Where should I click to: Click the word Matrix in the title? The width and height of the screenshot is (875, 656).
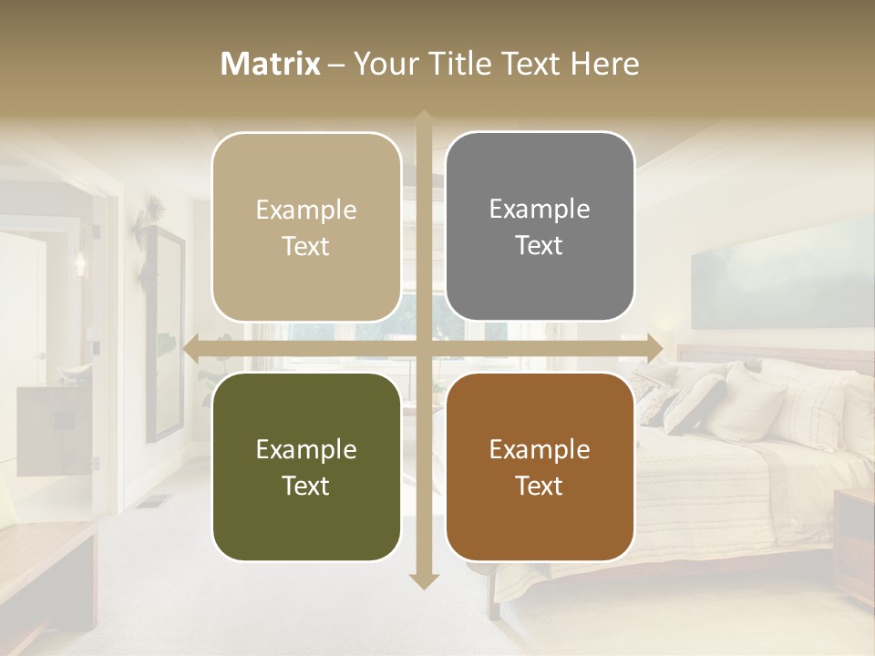pos(271,64)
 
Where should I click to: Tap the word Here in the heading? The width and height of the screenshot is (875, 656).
pos(604,64)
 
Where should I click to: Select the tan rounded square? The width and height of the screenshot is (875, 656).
pos(306,227)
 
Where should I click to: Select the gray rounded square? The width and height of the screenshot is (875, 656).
pos(540,227)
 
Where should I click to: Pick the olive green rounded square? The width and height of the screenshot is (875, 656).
pos(306,466)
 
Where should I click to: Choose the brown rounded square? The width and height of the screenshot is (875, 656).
pos(540,466)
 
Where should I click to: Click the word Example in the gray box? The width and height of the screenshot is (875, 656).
pos(540,209)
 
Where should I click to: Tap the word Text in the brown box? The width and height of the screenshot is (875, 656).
pos(540,486)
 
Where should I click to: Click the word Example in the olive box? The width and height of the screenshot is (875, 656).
pos(306,449)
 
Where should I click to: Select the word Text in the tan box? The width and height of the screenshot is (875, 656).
pos(306,246)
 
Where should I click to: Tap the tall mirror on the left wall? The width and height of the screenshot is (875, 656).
pos(164,333)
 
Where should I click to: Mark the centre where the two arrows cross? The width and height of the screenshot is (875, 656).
pos(423,348)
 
